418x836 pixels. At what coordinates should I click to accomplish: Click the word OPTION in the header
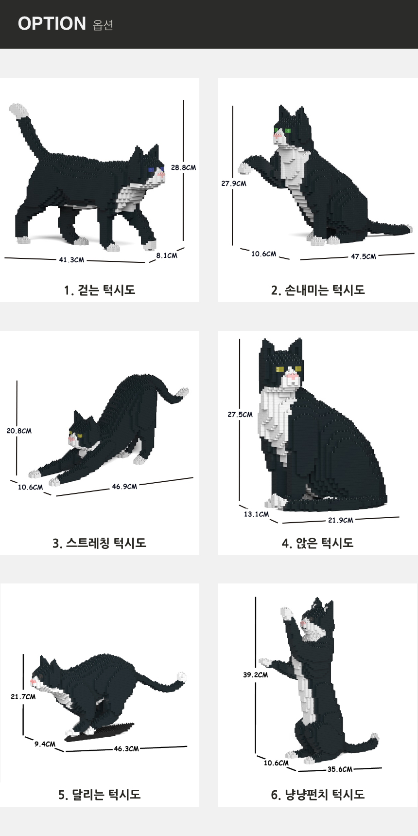point(52,23)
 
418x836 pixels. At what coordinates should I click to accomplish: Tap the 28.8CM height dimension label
point(183,167)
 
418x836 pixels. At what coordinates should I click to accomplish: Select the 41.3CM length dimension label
point(71,260)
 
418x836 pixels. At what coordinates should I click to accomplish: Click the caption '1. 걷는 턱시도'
point(100,290)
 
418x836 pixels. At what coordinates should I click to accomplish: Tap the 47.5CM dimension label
point(364,256)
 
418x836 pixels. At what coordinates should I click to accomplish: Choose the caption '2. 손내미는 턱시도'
point(318,290)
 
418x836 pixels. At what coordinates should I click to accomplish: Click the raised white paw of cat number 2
point(244,168)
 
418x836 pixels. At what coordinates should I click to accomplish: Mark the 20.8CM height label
point(19,431)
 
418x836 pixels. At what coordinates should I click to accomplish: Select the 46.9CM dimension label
point(124,486)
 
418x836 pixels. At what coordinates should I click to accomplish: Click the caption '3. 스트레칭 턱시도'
point(100,543)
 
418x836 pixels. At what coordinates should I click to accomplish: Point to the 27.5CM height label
point(240,415)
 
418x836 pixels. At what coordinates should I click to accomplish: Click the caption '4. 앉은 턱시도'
point(318,543)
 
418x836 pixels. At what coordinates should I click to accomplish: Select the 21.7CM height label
point(23,696)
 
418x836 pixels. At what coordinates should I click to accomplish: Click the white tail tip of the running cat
point(181,677)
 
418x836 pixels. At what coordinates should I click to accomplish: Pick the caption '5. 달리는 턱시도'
point(100,795)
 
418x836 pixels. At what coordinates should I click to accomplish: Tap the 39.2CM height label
point(256,674)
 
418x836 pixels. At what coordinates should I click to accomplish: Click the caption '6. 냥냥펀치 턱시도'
point(318,795)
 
